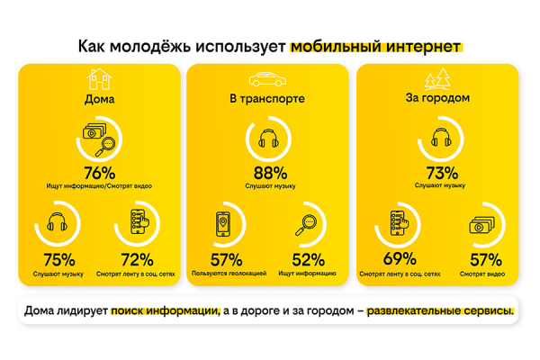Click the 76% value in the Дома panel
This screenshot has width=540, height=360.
click(x=100, y=173)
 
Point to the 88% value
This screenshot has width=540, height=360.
click(x=271, y=173)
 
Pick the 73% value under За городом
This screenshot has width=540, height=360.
click(x=440, y=173)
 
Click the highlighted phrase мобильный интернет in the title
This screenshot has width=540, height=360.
click(x=375, y=43)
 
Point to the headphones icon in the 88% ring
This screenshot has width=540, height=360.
click(x=269, y=140)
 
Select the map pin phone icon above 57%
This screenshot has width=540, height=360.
click(x=225, y=226)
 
